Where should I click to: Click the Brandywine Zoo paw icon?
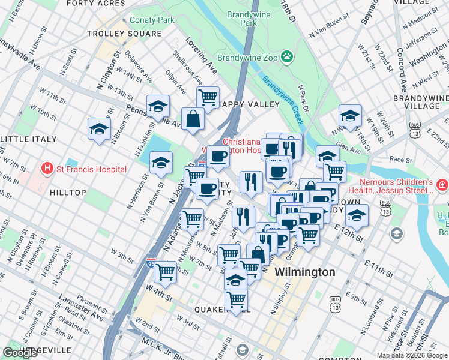pos(289,58)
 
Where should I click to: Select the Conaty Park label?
pos(152,20)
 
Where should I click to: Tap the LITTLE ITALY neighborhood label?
pos(26,139)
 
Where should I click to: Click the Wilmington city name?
pos(305,272)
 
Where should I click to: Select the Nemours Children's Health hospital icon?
pos(442,186)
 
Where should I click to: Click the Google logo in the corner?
pos(20,353)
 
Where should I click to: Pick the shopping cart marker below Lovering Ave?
pos(208,97)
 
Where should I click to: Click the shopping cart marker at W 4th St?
pos(165,272)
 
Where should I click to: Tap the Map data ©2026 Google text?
pos(411,355)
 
